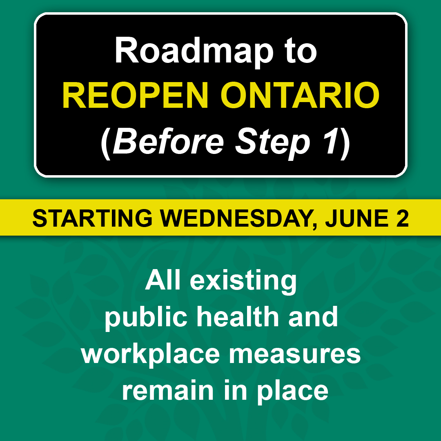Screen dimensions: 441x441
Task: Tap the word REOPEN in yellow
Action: click(135, 95)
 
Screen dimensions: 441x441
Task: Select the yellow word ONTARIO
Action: click(300, 95)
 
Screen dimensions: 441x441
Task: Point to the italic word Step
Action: click(272, 143)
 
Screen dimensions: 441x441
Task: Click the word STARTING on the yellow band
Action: click(93, 218)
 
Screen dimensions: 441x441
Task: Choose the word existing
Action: click(243, 282)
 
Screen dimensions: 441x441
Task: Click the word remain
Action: click(168, 390)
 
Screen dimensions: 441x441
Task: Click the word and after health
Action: click(313, 316)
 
